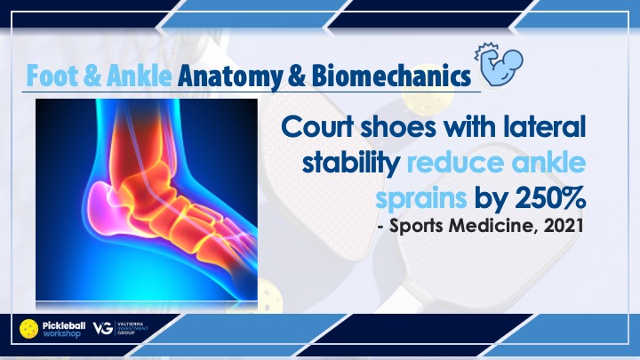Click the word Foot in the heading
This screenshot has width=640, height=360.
(x=52, y=76)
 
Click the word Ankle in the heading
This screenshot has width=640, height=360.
(x=140, y=76)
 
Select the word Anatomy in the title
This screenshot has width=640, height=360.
(x=230, y=76)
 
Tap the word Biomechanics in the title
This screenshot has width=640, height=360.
(x=391, y=76)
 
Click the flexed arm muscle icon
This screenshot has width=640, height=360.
(x=499, y=64)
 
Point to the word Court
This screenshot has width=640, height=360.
(x=317, y=126)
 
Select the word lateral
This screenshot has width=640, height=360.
(x=545, y=126)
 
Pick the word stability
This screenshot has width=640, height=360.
(x=351, y=164)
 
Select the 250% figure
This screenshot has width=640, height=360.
(x=550, y=198)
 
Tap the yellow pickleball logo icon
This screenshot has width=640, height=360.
(x=29, y=329)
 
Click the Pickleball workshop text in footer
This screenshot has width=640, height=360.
(x=64, y=329)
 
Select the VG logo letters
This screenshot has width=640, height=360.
(x=102, y=328)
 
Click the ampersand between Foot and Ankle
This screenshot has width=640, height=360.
(x=92, y=76)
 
